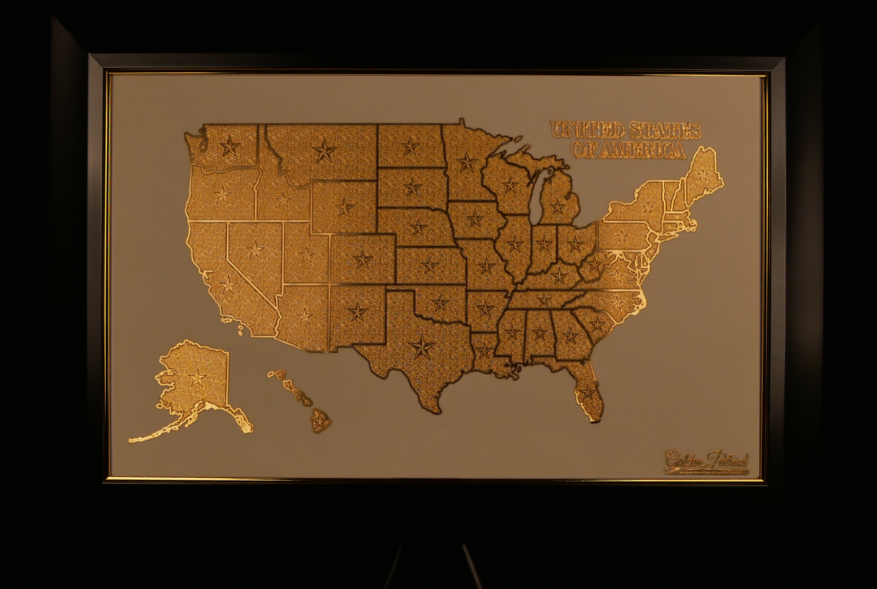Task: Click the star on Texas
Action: [x=421, y=346]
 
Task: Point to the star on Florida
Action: [x=586, y=393]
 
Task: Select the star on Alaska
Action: [x=196, y=376]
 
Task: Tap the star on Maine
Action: [x=702, y=175]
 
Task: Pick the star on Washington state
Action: [x=229, y=147]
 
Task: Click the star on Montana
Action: [x=324, y=150]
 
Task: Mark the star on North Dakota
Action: [x=410, y=146]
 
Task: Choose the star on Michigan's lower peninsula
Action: [x=557, y=206]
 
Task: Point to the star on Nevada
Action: [x=255, y=250]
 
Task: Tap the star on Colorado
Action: [x=362, y=258]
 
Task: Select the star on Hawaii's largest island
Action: [x=319, y=419]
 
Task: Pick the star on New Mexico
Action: [x=357, y=311]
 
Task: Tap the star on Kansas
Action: [x=430, y=265]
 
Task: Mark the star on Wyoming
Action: [x=344, y=206]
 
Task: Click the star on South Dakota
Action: [x=412, y=187]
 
